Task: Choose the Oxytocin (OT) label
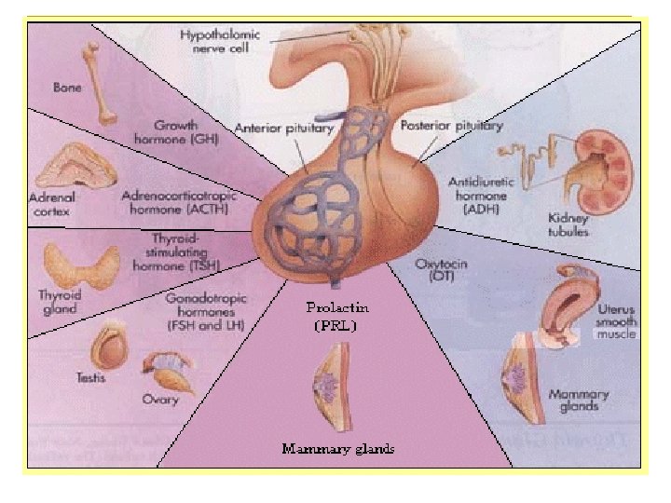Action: point(433,272)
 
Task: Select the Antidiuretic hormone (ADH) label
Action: point(478,197)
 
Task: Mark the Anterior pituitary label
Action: point(283,128)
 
